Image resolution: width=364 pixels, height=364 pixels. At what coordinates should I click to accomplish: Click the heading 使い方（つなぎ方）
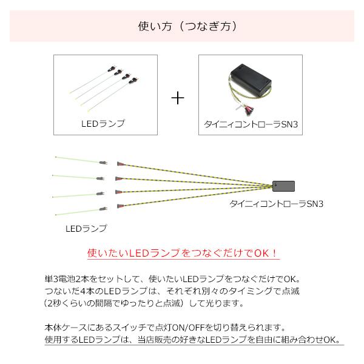183,27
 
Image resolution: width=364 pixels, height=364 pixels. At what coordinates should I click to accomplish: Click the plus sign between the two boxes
177,98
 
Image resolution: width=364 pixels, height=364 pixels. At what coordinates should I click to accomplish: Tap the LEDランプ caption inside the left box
102,123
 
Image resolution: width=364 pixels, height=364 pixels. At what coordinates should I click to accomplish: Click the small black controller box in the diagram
284,186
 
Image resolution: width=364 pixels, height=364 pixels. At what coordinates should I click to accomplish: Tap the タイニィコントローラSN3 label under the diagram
275,204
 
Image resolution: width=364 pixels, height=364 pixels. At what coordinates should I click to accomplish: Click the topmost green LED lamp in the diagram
76,160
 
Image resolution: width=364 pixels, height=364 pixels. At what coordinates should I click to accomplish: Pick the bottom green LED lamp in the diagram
76,212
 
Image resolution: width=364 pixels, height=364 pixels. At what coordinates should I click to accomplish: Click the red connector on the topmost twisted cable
120,164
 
